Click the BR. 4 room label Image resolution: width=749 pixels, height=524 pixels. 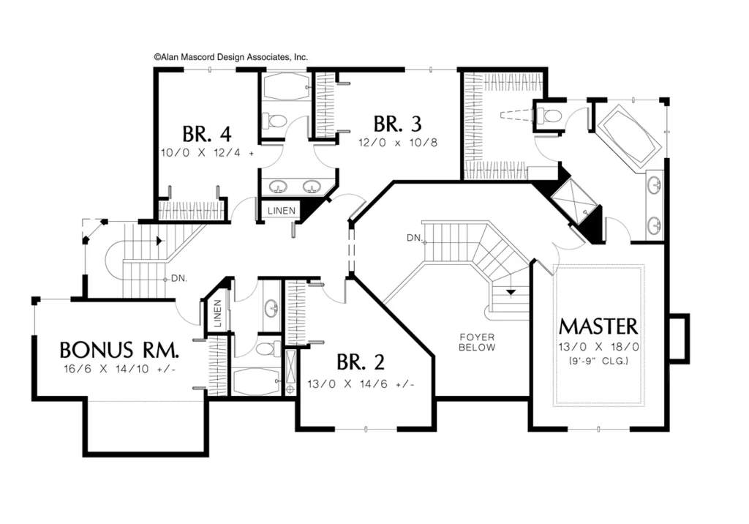[x=207, y=135]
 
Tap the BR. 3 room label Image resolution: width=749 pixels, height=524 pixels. [x=397, y=124]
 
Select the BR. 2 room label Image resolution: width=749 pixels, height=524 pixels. [x=361, y=362]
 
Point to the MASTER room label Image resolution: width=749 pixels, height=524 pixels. [x=598, y=326]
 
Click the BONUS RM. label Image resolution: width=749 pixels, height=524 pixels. [x=119, y=350]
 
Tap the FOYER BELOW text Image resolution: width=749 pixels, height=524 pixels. [x=477, y=343]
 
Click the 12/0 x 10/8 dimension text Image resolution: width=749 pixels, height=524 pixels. [x=398, y=143]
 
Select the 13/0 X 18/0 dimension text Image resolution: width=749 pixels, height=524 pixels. [x=598, y=347]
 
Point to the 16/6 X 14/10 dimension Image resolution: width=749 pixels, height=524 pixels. [x=120, y=369]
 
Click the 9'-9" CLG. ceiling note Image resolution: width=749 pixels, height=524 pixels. [x=598, y=361]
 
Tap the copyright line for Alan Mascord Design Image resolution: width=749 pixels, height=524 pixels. [x=230, y=57]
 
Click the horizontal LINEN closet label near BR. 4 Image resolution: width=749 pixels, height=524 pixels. [x=282, y=210]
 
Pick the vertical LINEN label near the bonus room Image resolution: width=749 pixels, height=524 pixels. [x=217, y=313]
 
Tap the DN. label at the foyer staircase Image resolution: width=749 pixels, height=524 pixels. [x=414, y=238]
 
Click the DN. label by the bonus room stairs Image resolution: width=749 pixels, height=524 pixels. [x=179, y=278]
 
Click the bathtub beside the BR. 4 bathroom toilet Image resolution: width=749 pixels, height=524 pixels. [x=285, y=86]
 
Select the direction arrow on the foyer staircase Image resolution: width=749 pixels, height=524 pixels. [x=511, y=292]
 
